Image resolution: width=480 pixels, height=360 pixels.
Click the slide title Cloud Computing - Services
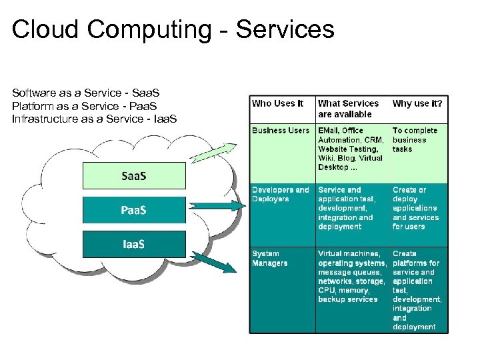173,29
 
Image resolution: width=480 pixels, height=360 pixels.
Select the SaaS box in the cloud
134,176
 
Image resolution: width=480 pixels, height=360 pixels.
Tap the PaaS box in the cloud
134,211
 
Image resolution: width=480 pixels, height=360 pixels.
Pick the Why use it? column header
417,103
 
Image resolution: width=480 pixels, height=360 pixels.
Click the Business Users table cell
281,131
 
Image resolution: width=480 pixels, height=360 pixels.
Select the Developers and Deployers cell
281,194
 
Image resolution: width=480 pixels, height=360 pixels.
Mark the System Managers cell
270,258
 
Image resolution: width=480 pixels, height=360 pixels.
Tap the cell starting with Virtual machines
351,277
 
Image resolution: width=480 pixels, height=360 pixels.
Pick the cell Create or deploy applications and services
415,208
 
